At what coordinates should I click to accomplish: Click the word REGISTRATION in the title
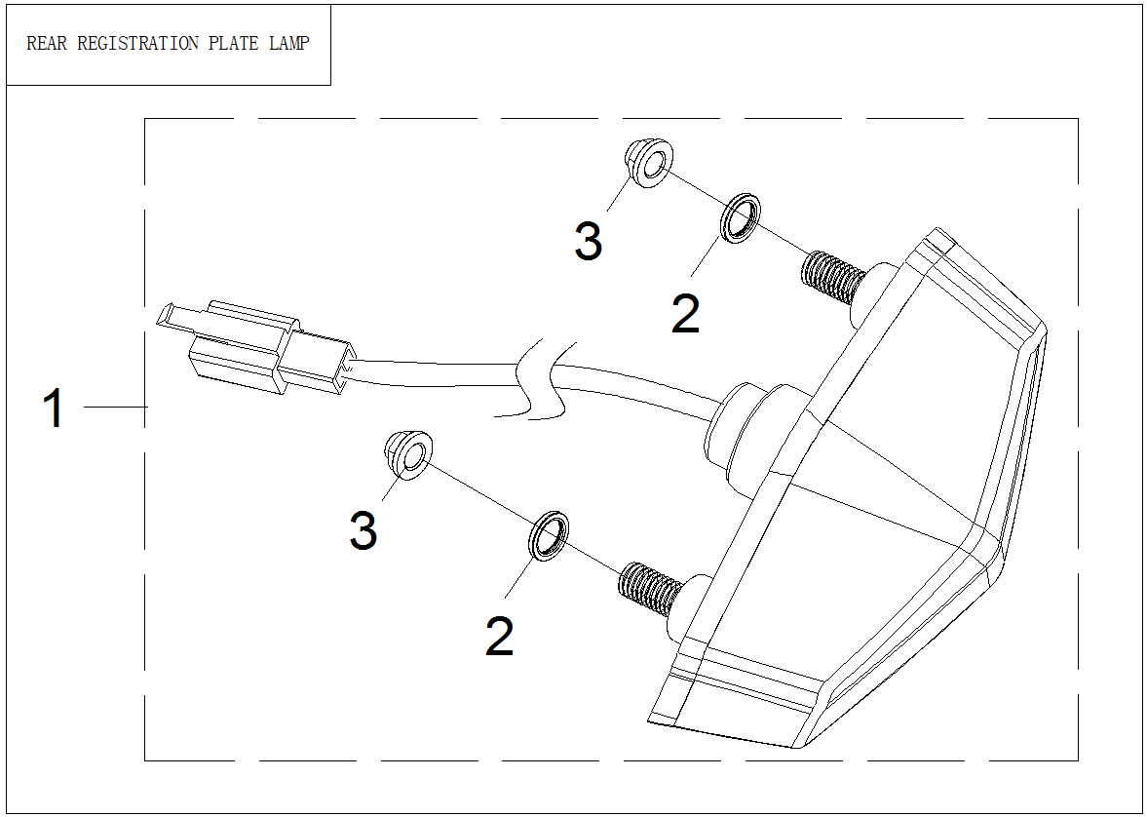pyautogui.click(x=132, y=44)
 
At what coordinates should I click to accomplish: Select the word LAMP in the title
pyautogui.click(x=289, y=44)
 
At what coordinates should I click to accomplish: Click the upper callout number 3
pyautogui.click(x=588, y=241)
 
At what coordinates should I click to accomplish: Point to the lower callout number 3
pyautogui.click(x=363, y=531)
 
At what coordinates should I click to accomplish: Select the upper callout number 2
pyautogui.click(x=685, y=314)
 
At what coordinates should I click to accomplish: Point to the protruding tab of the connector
pyautogui.click(x=175, y=318)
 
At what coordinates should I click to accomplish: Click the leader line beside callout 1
pyautogui.click(x=115, y=407)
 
